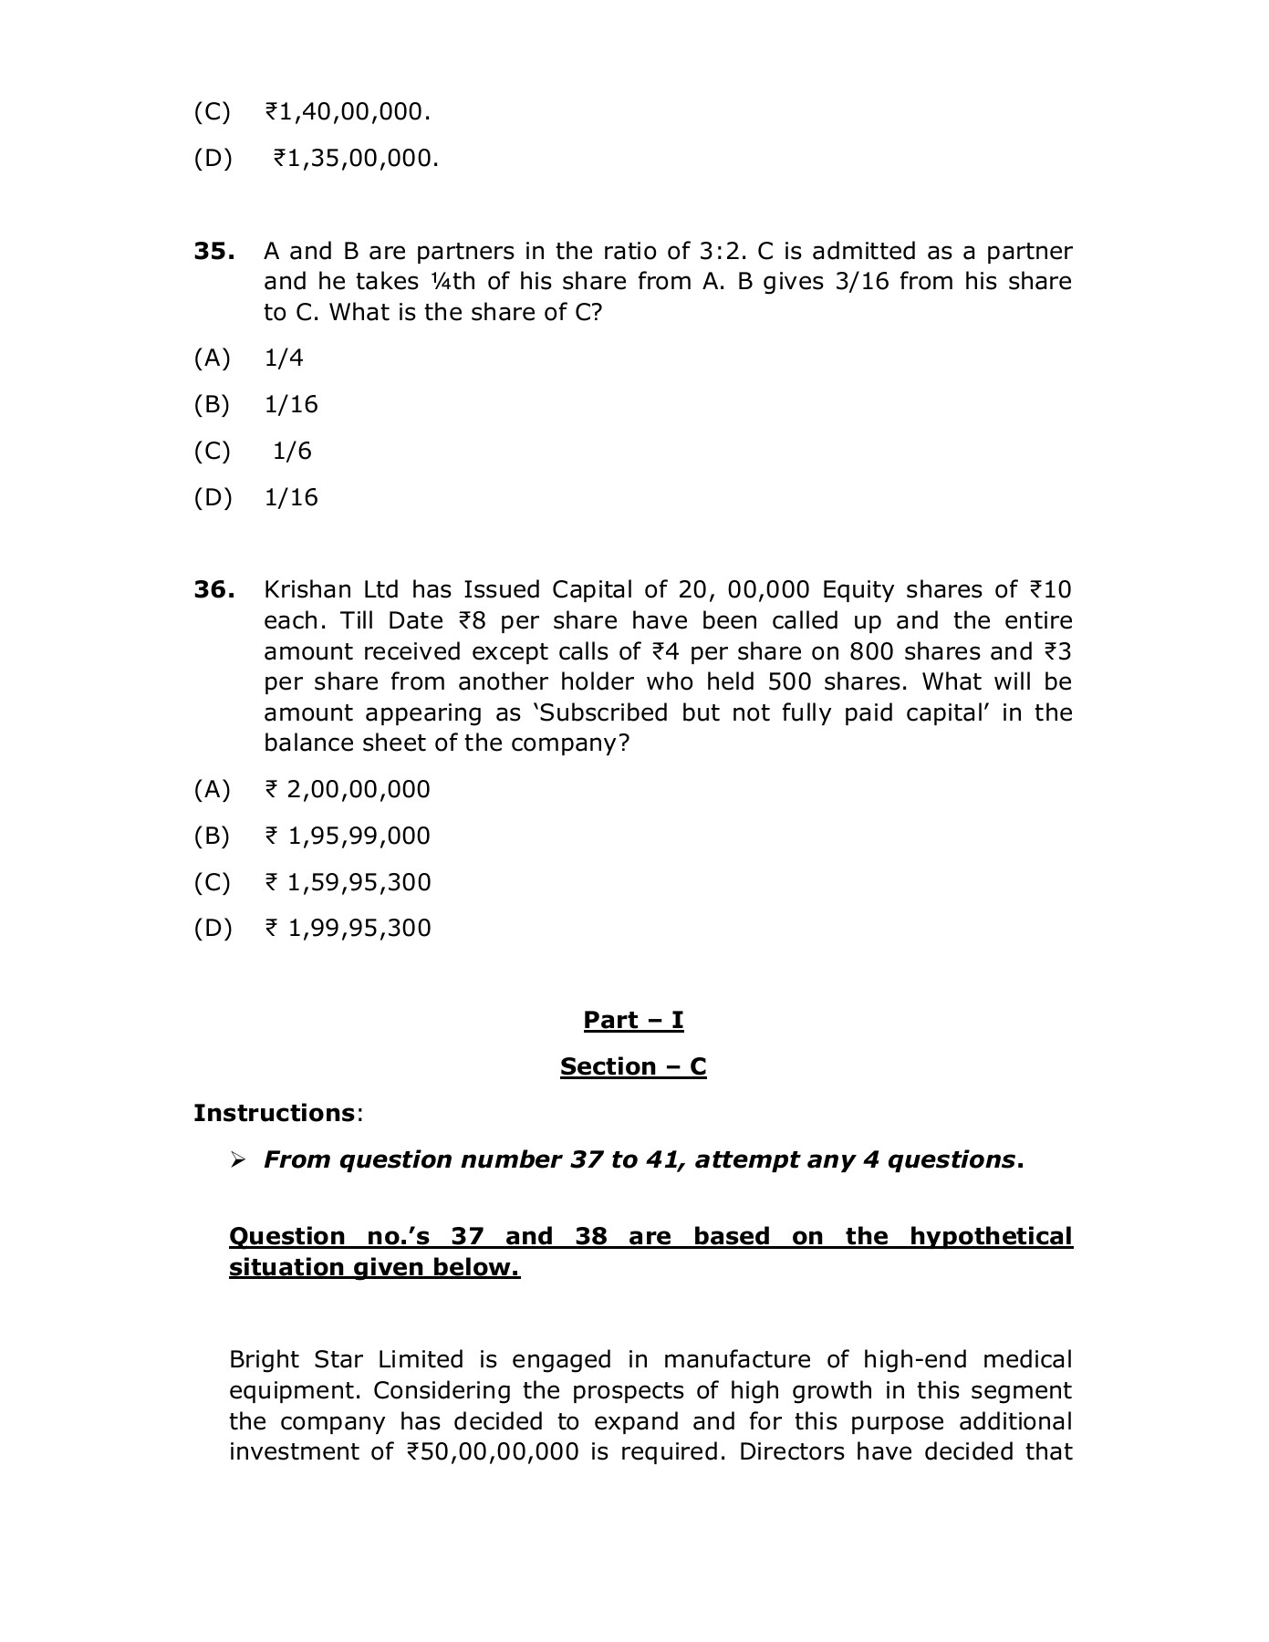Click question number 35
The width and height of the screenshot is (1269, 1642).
point(213,251)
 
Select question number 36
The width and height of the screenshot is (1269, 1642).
point(213,589)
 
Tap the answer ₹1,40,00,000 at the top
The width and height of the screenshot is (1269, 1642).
point(347,112)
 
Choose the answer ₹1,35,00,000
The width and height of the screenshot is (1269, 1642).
point(355,159)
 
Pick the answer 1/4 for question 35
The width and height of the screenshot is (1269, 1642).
point(283,358)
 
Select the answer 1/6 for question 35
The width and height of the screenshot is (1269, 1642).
point(292,451)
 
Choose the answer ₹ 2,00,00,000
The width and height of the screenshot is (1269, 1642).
point(347,789)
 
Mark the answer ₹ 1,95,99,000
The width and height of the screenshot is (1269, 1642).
point(347,836)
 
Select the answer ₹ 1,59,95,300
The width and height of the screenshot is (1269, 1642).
point(347,882)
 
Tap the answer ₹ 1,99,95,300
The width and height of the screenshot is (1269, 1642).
point(347,928)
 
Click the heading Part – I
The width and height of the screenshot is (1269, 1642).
point(633,1020)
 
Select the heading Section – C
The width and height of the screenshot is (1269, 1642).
point(633,1066)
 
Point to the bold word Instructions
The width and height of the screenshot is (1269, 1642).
point(273,1113)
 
